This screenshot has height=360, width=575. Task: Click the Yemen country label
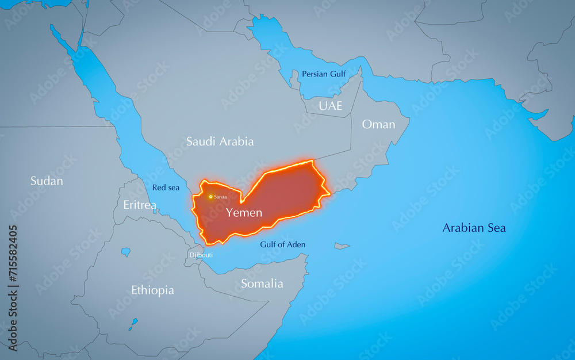point(244,213)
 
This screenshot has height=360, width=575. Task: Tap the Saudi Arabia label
point(220,141)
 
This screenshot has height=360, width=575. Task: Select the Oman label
point(378,124)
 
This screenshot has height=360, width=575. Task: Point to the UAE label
point(331,106)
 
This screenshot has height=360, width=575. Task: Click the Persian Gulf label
point(323,74)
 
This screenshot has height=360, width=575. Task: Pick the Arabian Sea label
point(474,228)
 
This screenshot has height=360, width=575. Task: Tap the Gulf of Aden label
point(282,244)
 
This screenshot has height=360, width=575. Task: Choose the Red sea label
point(166,187)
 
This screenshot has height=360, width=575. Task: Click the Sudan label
point(47,181)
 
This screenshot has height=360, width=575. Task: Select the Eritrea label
point(140,205)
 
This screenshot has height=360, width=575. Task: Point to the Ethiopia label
point(152,290)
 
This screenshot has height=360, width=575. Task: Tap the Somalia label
point(262,284)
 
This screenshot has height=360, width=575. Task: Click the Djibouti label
point(201,255)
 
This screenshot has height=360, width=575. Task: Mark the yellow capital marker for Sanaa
point(210,197)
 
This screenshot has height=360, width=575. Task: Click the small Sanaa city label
point(220,197)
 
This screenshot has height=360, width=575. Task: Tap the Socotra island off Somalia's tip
point(342,246)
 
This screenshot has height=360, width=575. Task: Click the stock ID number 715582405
point(13,262)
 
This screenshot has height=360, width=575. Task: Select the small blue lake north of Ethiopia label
point(125,251)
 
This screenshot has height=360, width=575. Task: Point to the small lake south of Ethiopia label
point(133,323)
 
